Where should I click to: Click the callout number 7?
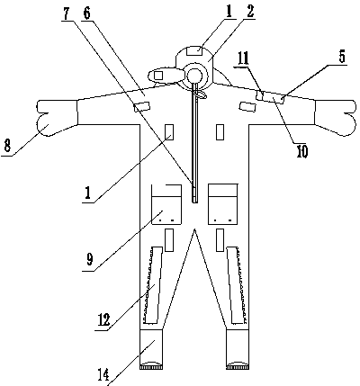pyautogui.click(x=67, y=13)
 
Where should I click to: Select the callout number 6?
pyautogui.click(x=86, y=13)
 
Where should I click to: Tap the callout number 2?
pyautogui.click(x=250, y=12)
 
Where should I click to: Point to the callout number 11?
pyautogui.click(x=243, y=59)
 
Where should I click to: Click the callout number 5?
pyautogui.click(x=342, y=57)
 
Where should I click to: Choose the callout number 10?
pyautogui.click(x=302, y=152)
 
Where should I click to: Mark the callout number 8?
pyautogui.click(x=7, y=148)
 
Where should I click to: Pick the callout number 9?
pyautogui.click(x=90, y=259)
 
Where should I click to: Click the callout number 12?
pyautogui.click(x=103, y=319)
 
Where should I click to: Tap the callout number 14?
pyautogui.click(x=103, y=374)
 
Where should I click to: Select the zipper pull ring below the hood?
pyautogui.click(x=200, y=95)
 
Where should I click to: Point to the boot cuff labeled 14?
pyautogui.click(x=151, y=349)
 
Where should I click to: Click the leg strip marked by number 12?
pyautogui.click(x=153, y=285)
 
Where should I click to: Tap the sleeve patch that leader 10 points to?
pyautogui.click(x=274, y=98)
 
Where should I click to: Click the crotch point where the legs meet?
pyautogui.click(x=194, y=229)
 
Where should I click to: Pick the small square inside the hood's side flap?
pyautogui.click(x=158, y=75)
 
